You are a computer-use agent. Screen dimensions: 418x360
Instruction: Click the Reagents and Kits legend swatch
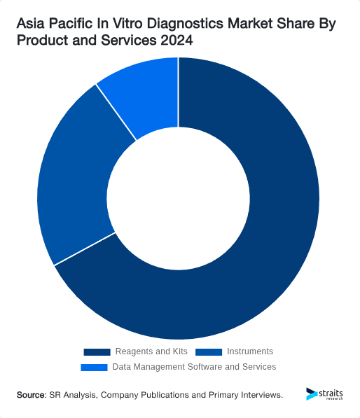pos(97,351)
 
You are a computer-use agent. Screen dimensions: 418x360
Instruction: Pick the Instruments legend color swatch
pos(209,351)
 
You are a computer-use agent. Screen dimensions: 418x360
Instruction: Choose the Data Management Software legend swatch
pos(95,367)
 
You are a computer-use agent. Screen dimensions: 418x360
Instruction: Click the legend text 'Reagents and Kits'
pos(151,351)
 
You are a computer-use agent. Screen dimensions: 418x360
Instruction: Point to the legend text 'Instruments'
pos(250,351)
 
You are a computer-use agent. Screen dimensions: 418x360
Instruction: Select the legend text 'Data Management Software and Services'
pos(194,367)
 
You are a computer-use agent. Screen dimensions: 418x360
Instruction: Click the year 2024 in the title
pos(175,41)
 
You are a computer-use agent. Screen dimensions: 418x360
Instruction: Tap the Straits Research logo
pos(324,395)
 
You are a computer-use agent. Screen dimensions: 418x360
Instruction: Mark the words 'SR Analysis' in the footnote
pos(73,395)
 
